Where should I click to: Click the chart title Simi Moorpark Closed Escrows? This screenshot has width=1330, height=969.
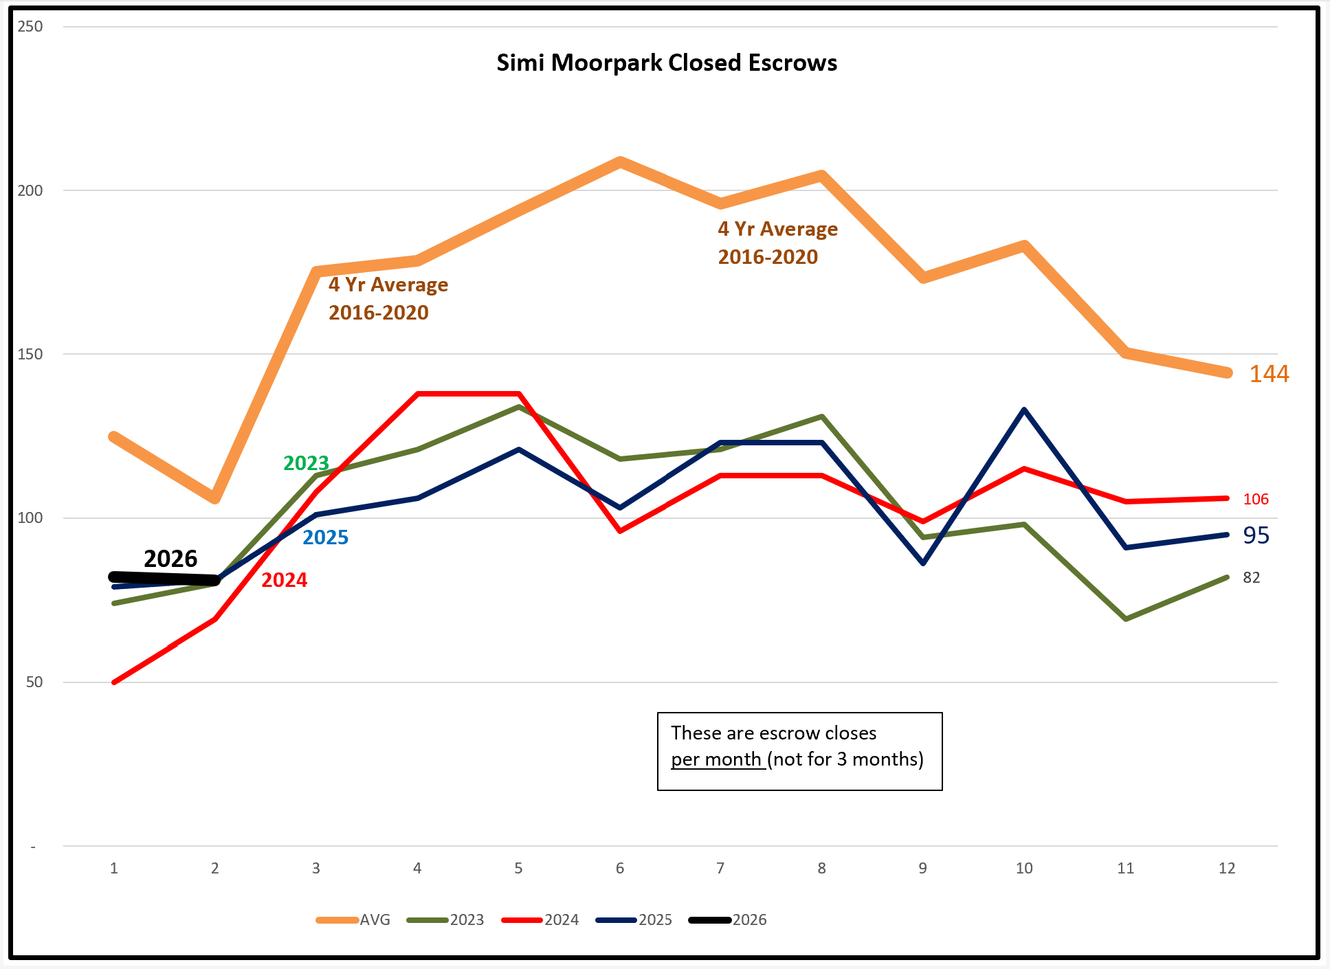(667, 63)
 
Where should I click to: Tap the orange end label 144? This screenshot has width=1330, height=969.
(1268, 374)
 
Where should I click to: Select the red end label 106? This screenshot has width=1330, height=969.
(1255, 500)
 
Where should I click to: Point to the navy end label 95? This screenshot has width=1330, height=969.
(1256, 535)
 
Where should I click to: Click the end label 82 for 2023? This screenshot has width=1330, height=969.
(1251, 578)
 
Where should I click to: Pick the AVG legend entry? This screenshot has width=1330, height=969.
(353, 920)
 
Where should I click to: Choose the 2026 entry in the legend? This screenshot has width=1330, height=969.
(728, 920)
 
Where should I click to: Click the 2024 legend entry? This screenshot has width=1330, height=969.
(540, 920)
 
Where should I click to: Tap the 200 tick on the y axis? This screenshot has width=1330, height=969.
(30, 190)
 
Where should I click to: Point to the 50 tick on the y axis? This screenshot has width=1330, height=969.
(34, 682)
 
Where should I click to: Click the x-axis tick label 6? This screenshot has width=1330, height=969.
(619, 868)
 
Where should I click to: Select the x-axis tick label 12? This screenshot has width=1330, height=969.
(1226, 868)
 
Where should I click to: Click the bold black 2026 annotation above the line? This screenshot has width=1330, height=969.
(170, 559)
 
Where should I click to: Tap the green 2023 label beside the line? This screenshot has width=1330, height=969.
(306, 463)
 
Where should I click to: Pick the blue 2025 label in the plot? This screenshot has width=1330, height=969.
(325, 537)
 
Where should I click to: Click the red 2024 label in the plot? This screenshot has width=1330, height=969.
(284, 580)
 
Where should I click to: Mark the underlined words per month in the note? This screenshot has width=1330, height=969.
(718, 759)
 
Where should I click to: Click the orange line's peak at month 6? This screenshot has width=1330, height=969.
(619, 162)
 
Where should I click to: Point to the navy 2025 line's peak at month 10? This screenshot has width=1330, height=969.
(1024, 410)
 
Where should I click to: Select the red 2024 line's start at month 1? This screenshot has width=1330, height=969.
(114, 682)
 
